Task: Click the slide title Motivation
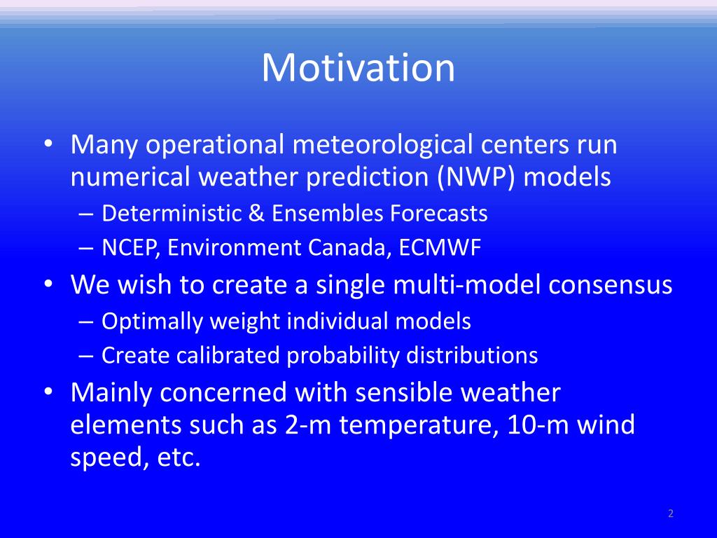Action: (358, 68)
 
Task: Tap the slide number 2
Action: (671, 513)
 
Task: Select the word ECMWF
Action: (440, 247)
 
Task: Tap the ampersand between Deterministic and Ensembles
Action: (256, 213)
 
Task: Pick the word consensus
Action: (611, 285)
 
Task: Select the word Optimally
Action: (152, 322)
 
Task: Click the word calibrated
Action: (228, 355)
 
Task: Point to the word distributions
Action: (472, 355)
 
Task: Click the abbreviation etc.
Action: (179, 457)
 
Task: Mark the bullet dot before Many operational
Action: (48, 144)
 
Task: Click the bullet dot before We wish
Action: (48, 284)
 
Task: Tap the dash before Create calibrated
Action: (86, 356)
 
